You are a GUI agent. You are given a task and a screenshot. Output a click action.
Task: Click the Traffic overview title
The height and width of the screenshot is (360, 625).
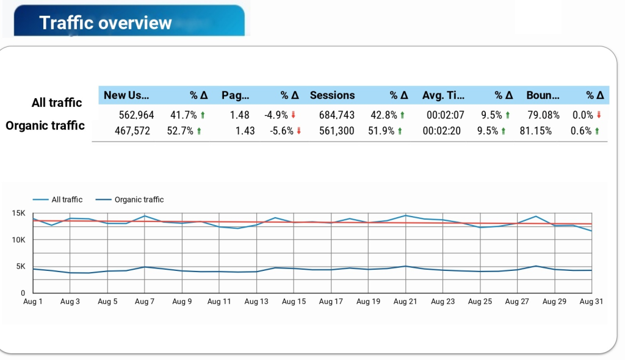click(106, 23)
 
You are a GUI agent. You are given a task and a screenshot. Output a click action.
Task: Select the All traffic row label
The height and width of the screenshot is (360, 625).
click(57, 103)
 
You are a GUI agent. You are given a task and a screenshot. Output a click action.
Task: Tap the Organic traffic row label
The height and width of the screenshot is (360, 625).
click(45, 126)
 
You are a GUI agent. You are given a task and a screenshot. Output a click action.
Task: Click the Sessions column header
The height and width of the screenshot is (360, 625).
click(332, 95)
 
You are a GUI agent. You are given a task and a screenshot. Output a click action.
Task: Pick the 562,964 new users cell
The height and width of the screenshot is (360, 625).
click(136, 115)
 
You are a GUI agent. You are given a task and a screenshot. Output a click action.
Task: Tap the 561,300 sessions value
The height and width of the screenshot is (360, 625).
click(336, 131)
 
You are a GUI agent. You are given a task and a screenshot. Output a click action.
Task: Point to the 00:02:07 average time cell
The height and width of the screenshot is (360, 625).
click(446, 115)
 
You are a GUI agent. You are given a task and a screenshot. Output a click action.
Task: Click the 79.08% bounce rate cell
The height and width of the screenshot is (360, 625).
click(543, 115)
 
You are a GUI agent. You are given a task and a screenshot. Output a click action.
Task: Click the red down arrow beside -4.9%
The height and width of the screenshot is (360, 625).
click(294, 115)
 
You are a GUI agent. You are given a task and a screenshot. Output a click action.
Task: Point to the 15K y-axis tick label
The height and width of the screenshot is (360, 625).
click(18, 214)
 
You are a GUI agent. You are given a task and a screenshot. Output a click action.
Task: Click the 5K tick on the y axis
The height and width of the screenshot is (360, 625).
click(20, 267)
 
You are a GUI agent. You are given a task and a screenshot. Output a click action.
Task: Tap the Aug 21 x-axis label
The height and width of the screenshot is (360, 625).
click(405, 301)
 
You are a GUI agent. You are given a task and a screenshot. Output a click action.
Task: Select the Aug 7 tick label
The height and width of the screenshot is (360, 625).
click(145, 301)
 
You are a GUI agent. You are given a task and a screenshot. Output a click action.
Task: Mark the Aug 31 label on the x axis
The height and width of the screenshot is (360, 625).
click(591, 301)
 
